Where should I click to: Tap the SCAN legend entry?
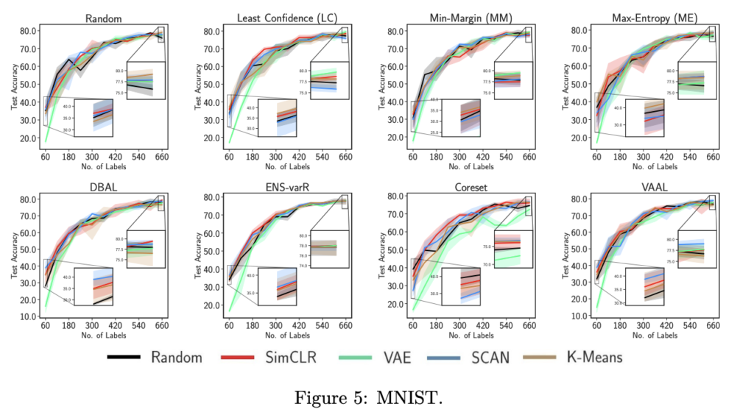click(486, 357)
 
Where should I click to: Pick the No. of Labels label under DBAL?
click(102, 336)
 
